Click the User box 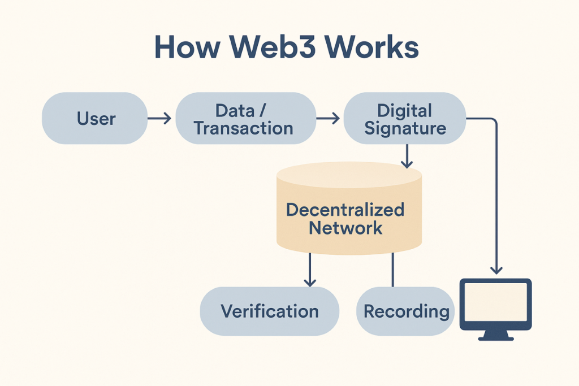pos(95,119)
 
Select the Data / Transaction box pos(244,119)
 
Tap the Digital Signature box pos(405,119)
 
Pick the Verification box pos(270,311)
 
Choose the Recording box pos(405,311)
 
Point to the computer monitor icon pos(496,305)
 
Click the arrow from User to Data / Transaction pos(159,119)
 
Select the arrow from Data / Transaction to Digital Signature pos(328,119)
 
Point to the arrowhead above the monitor pos(496,270)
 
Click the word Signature pos(405,128)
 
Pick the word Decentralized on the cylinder pos(345,210)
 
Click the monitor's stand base pos(496,337)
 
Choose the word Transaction pos(244,128)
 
